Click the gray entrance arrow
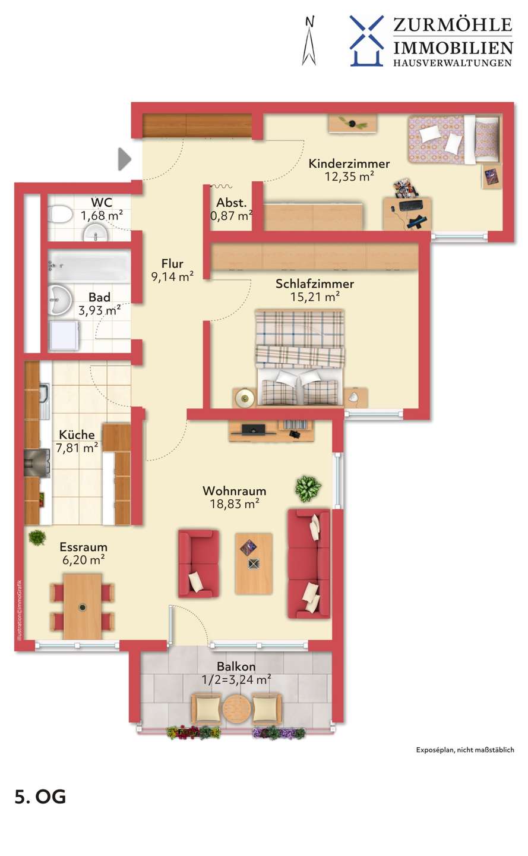click(124, 159)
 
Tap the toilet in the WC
click(61, 215)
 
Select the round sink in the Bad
click(60, 300)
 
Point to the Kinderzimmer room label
click(349, 163)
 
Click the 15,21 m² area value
click(315, 297)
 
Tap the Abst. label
click(232, 203)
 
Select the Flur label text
click(172, 263)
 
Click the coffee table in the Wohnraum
click(254, 564)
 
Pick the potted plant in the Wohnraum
click(308, 489)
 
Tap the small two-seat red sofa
click(198, 564)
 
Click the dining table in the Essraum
click(83, 606)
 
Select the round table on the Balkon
click(236, 708)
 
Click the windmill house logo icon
click(366, 41)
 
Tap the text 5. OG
click(40, 797)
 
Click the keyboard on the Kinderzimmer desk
click(411, 205)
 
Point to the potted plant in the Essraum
click(37, 537)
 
